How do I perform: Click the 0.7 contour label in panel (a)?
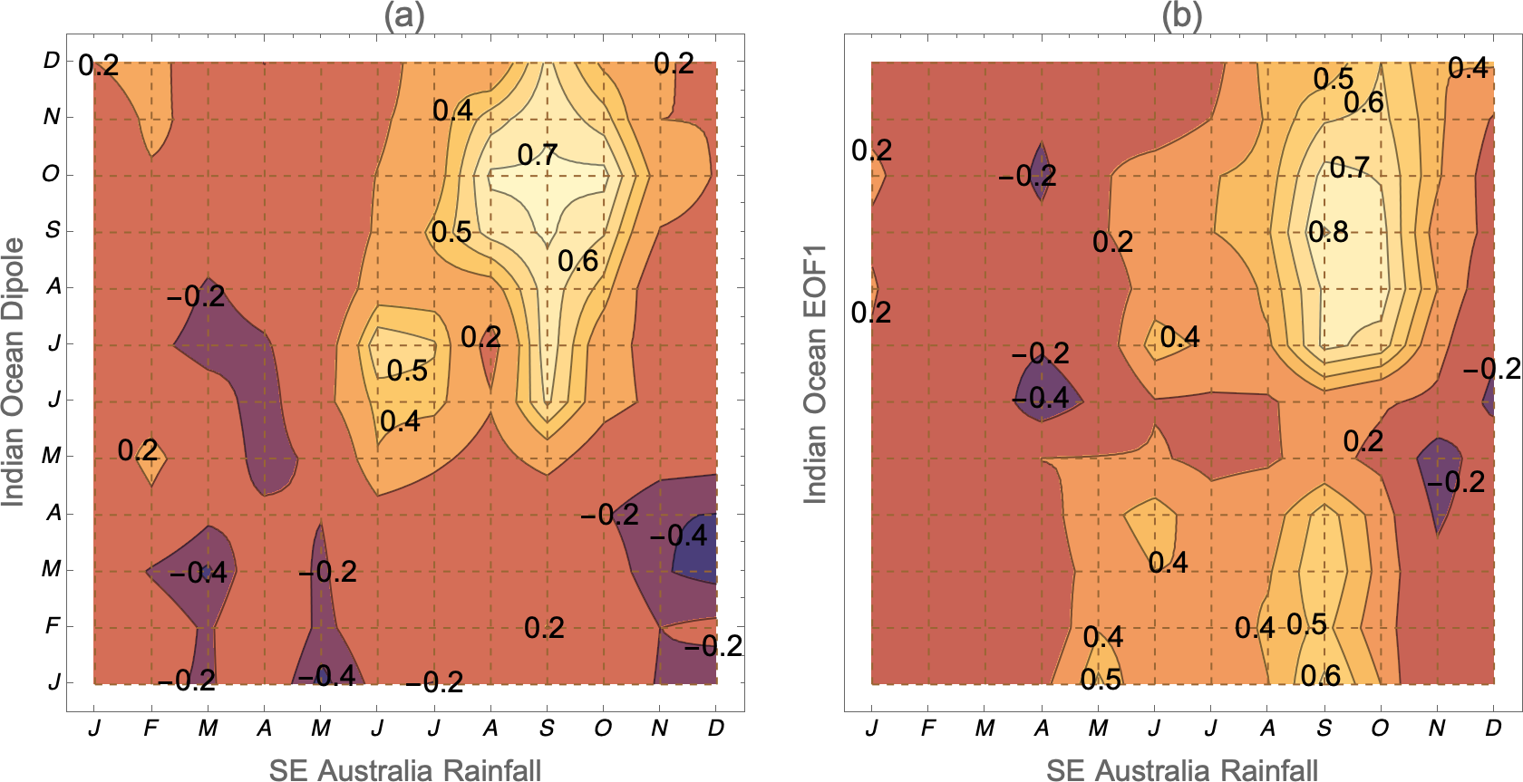[x=538, y=155]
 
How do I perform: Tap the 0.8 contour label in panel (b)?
[x=1328, y=232]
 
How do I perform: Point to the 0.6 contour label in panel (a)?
[x=577, y=261]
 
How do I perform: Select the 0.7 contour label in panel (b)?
[x=1349, y=168]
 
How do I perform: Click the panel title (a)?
[x=404, y=15]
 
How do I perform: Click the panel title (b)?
[x=1182, y=15]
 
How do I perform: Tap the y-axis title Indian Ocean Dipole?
[x=14, y=372]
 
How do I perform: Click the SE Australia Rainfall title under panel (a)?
[x=404, y=769]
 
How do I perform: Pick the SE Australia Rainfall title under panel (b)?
[x=1182, y=769]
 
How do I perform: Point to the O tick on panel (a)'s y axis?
[x=51, y=173]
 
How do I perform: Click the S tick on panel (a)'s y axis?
[x=53, y=230]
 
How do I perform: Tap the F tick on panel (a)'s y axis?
[x=53, y=625]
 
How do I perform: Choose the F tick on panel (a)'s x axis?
[x=150, y=728]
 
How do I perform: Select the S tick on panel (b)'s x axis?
[x=1324, y=728]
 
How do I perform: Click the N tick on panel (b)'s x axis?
[x=1437, y=728]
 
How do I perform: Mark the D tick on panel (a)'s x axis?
[x=716, y=728]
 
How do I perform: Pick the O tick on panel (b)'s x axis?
[x=1380, y=728]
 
